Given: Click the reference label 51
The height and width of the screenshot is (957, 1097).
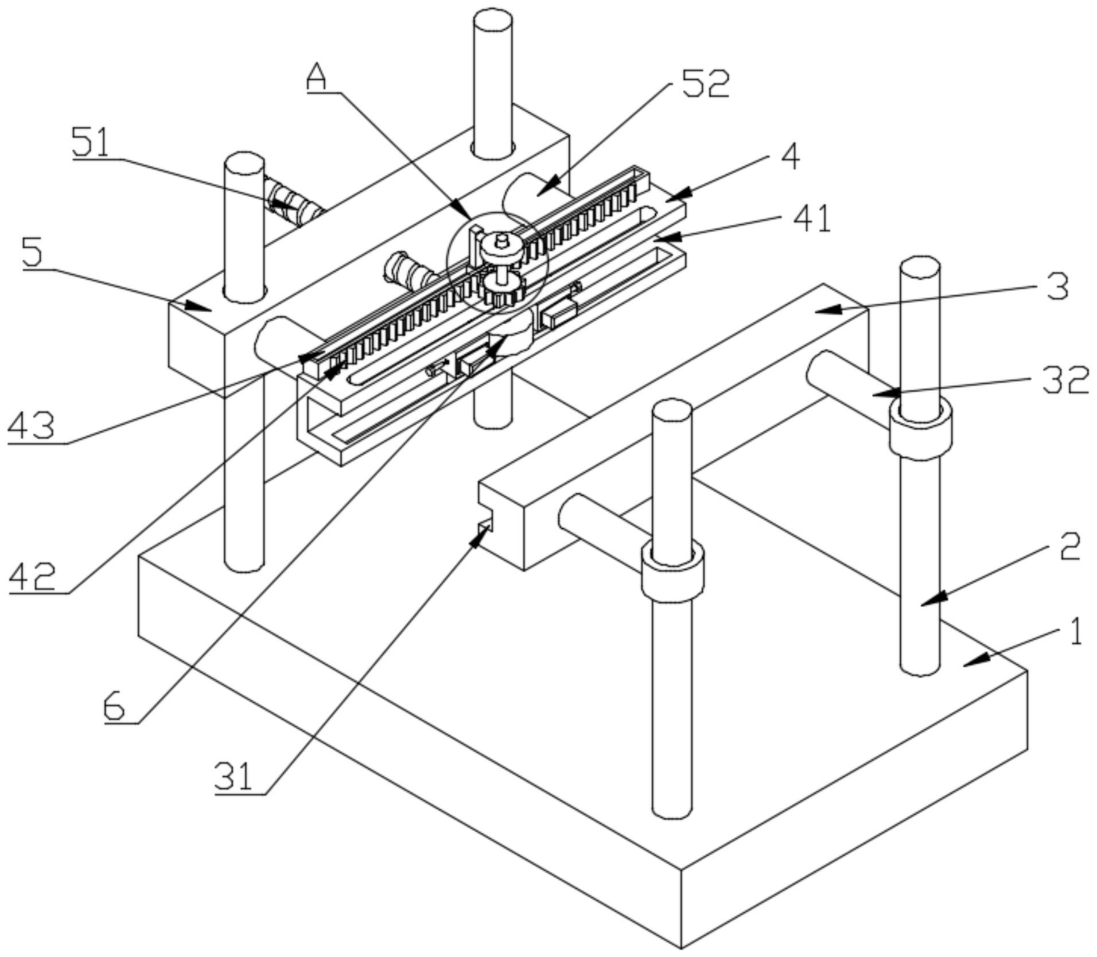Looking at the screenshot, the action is (x=91, y=142).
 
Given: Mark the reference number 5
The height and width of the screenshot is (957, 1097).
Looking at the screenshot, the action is (x=33, y=252).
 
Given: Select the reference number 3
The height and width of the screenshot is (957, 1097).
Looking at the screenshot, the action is (x=1057, y=287).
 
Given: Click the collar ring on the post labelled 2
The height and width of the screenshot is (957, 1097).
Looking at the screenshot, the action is (x=920, y=429).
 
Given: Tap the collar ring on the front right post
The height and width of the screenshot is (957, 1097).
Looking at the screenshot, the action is (x=672, y=570).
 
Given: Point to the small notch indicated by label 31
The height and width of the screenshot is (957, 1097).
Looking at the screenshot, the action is (x=485, y=523).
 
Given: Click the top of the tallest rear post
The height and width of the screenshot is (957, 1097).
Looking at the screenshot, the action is (x=493, y=24).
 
